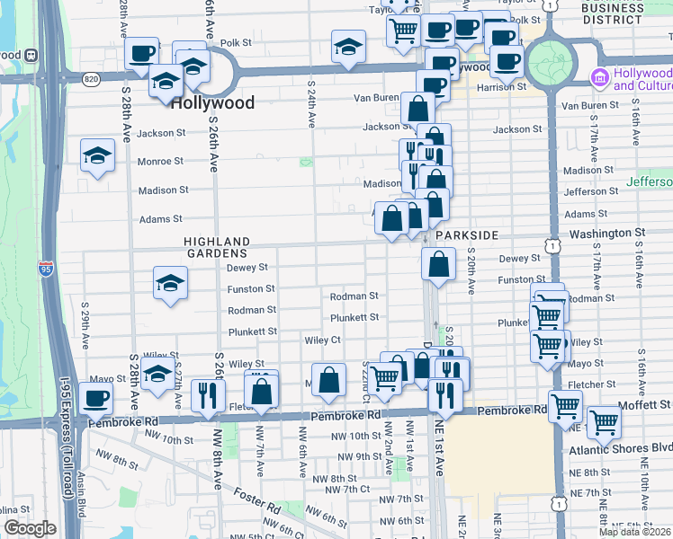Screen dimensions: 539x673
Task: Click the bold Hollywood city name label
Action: click(211, 103)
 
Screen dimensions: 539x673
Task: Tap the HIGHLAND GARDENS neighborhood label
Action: click(217, 247)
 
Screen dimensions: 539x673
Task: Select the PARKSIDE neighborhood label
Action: click(466, 234)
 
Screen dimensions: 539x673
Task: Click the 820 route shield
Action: click(91, 78)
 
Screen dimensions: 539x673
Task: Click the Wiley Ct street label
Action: click(322, 340)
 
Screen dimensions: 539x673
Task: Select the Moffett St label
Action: click(645, 405)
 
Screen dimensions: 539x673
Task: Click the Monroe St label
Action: click(160, 162)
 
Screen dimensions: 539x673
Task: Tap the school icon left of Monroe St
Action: click(97, 155)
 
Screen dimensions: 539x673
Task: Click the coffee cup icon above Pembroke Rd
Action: click(95, 398)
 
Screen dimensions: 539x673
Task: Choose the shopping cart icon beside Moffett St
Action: click(603, 420)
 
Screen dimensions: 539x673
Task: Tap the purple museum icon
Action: click(600, 78)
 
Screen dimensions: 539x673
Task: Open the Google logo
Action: click(30, 528)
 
